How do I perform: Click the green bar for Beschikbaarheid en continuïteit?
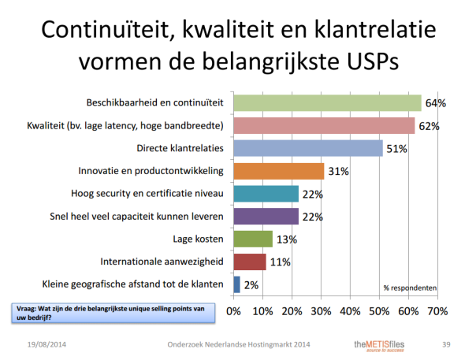click(x=327, y=103)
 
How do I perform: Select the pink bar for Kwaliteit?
click(x=324, y=126)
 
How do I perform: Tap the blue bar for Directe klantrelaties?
click(x=307, y=148)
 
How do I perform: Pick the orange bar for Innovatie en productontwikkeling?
click(x=278, y=171)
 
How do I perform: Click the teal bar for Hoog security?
click(x=266, y=194)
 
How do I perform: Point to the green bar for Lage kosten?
click(x=252, y=239)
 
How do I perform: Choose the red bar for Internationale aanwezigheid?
click(x=249, y=262)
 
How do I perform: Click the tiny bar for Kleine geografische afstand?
click(x=236, y=284)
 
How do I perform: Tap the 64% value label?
click(x=436, y=103)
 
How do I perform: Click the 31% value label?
click(x=339, y=171)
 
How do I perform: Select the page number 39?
click(x=447, y=344)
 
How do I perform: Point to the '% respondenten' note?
click(x=410, y=288)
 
